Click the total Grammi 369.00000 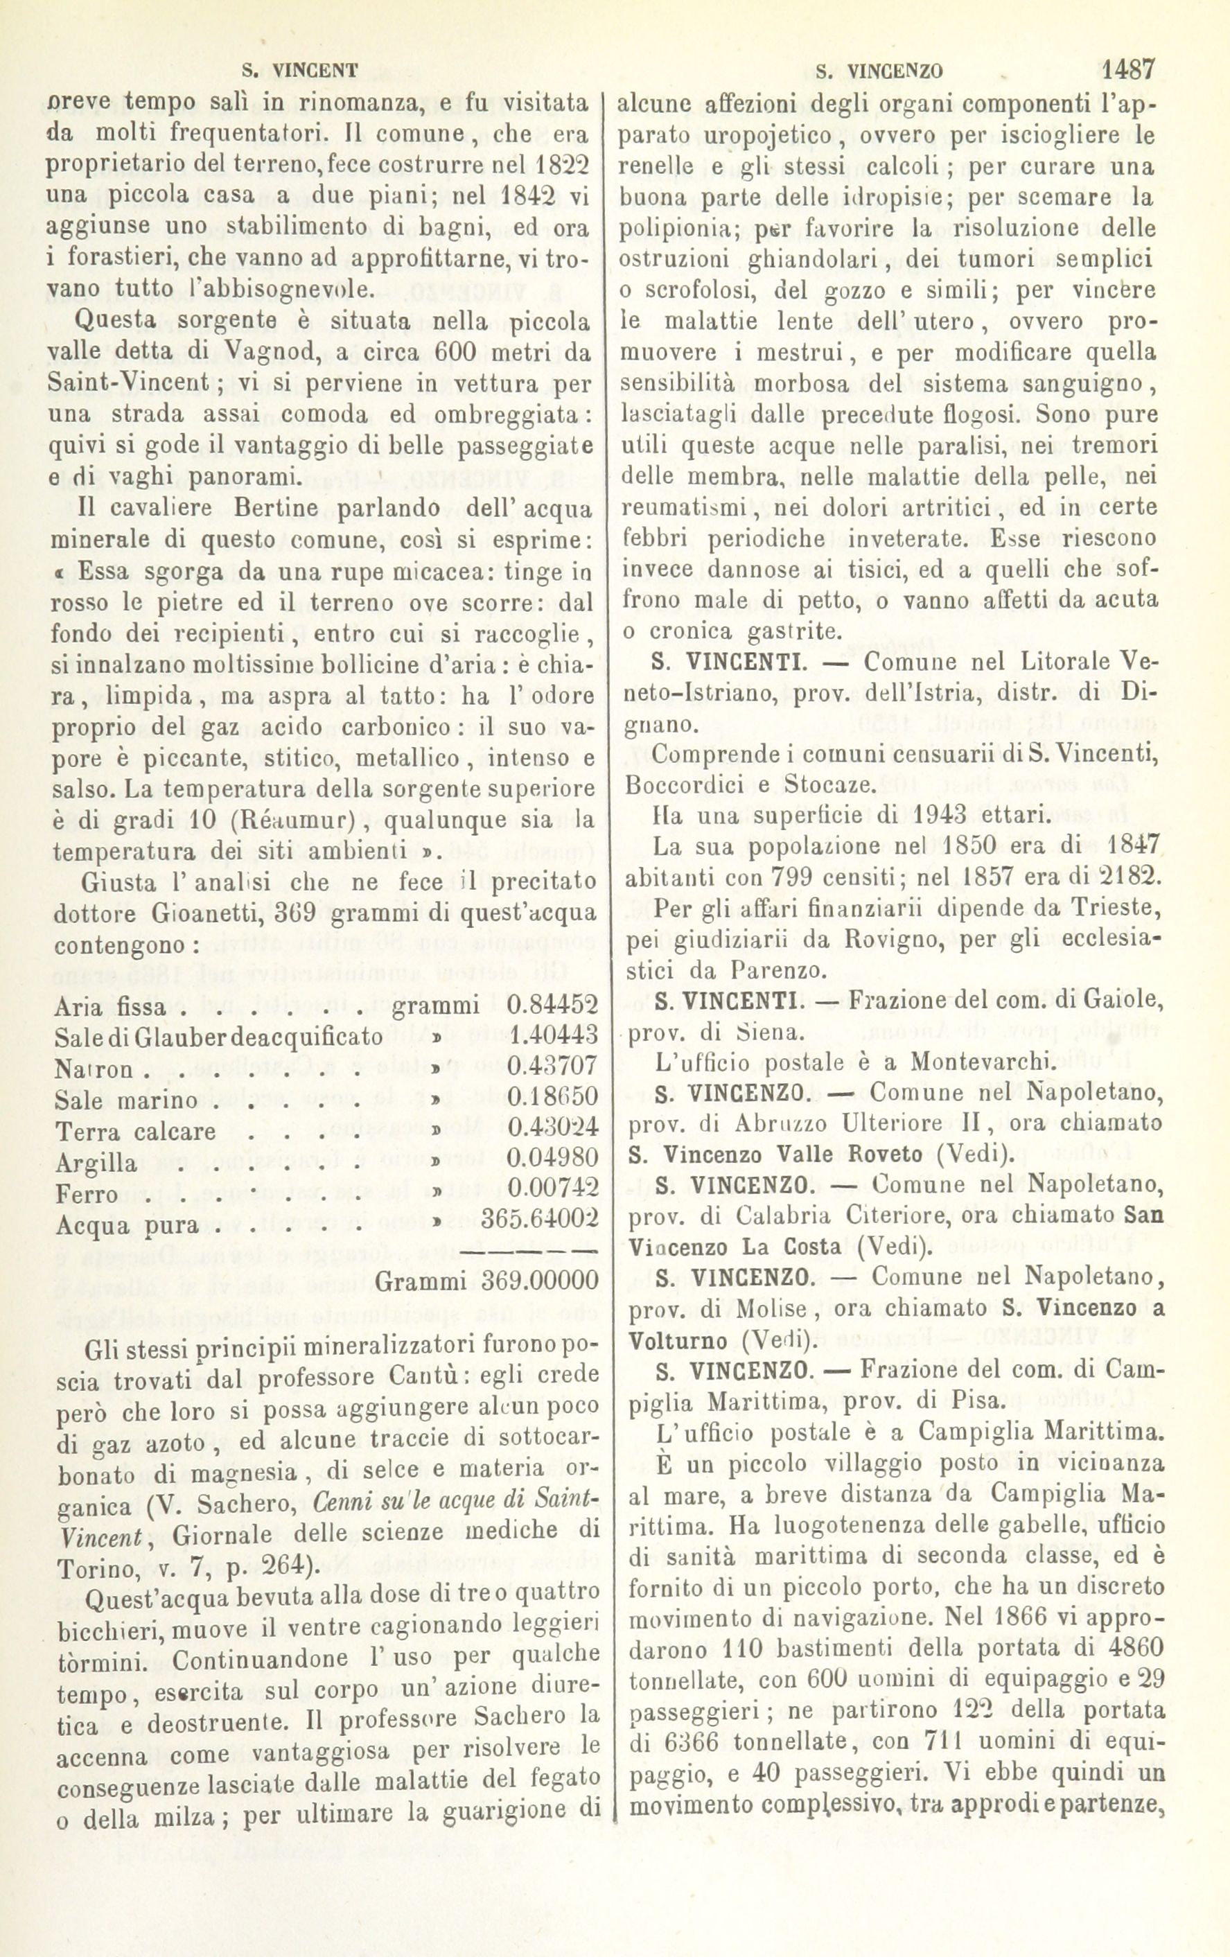(x=487, y=1281)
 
